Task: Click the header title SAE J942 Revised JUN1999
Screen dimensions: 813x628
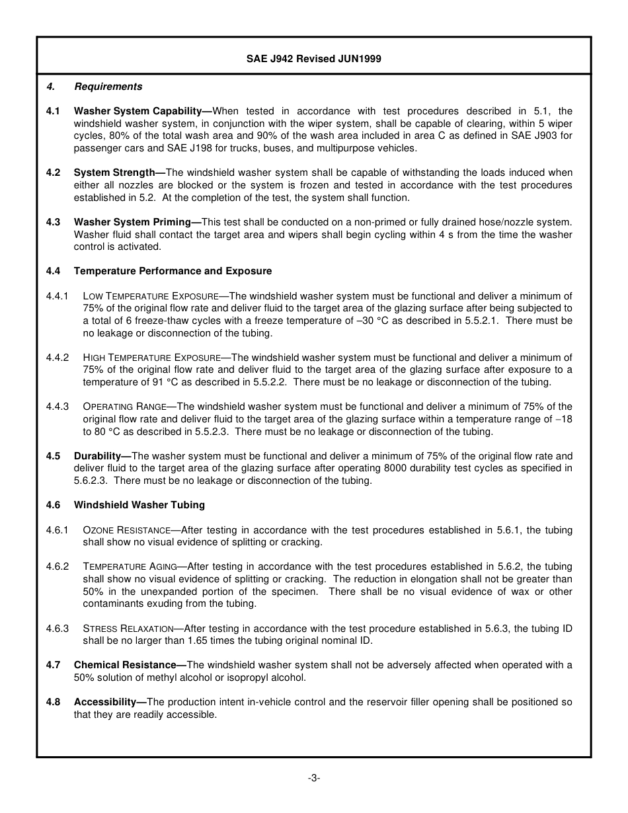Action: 313,59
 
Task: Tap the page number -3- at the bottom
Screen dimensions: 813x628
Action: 313,778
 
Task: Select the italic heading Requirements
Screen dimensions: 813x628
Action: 108,87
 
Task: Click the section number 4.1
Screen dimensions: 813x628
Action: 54,111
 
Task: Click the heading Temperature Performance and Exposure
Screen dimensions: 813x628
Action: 173,271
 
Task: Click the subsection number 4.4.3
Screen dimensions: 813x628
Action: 58,406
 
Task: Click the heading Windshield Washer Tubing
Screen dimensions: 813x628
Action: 139,505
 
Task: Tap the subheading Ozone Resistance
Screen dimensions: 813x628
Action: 127,530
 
